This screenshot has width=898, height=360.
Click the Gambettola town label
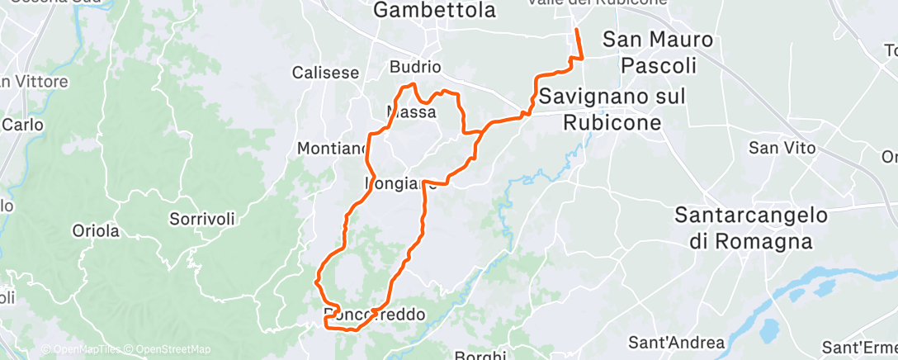[x=434, y=11]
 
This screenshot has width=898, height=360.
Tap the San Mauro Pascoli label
[x=658, y=51]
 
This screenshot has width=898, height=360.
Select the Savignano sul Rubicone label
[x=612, y=110]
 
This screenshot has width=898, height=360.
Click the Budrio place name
[x=417, y=68]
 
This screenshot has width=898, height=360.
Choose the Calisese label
[x=326, y=73]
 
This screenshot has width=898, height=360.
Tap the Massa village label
[x=411, y=111]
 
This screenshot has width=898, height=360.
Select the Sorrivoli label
[x=202, y=219]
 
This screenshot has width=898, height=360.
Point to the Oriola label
[x=96, y=230]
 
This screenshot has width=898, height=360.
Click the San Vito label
[x=782, y=149]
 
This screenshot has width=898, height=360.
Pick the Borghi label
[x=480, y=355]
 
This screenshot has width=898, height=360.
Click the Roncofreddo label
[x=374, y=315]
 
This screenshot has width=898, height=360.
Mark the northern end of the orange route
[x=574, y=30]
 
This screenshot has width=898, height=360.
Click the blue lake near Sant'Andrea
[x=767, y=330]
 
